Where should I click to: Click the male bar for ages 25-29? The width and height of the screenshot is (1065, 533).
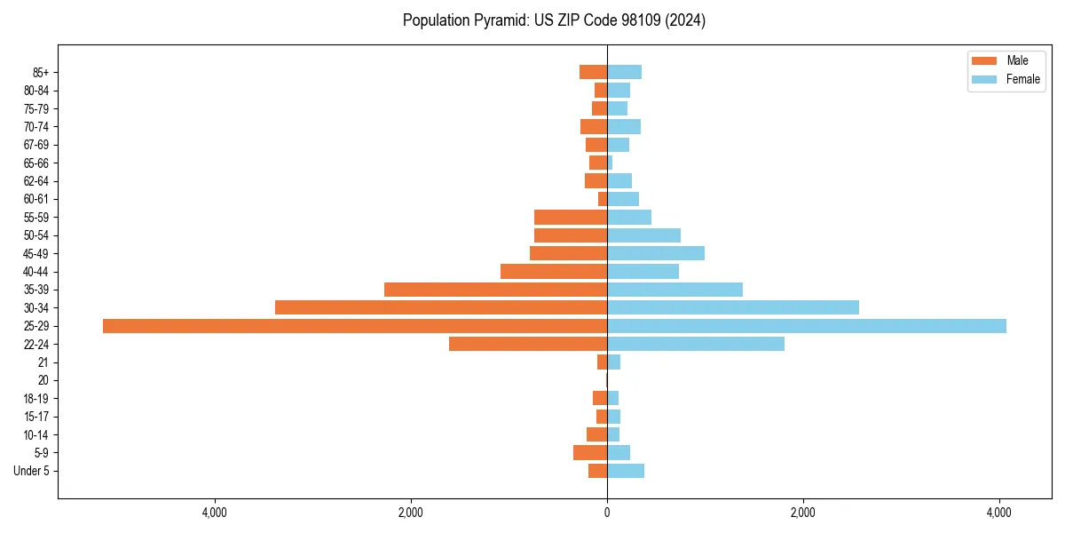pos(355,326)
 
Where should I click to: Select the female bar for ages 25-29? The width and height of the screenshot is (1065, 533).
pos(806,326)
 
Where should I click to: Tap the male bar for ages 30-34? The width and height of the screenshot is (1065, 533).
pos(441,307)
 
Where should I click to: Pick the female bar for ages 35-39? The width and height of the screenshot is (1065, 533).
pos(674,290)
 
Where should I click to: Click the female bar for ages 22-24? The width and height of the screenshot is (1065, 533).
pos(695,344)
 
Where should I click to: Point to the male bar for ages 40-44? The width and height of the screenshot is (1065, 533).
pos(554,272)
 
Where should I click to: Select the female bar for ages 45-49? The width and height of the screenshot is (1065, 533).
pos(655,253)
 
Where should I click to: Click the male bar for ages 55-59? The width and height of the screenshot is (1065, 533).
pos(571,217)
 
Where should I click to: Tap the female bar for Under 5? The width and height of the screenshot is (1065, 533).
pos(625,471)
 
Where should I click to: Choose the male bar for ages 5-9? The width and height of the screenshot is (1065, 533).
pos(590,453)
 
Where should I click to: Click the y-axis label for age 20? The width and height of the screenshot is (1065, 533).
pos(43,380)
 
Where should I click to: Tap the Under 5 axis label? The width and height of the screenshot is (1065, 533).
pos(31,471)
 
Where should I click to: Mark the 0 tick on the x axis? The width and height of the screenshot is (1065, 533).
pos(607,513)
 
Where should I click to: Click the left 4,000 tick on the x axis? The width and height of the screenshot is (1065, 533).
pos(215,513)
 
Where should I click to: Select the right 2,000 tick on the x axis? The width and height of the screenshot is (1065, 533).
pos(803,513)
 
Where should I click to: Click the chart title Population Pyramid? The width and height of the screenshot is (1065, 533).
pos(554,20)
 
